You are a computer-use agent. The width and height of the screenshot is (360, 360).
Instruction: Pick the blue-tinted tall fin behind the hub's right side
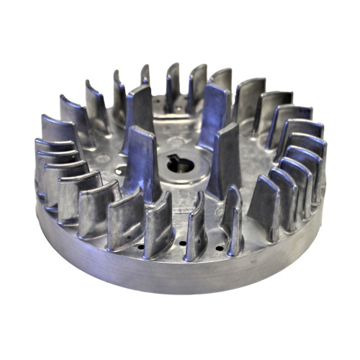point(214,115)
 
